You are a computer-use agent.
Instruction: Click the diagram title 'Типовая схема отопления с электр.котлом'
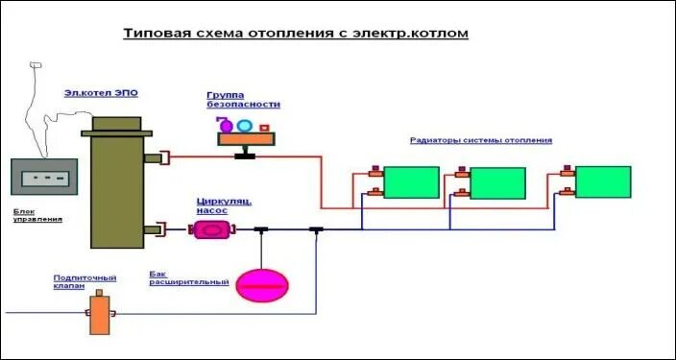pos(296,35)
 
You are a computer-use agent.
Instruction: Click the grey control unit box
pos(44,179)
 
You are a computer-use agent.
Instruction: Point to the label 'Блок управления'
pos(37,215)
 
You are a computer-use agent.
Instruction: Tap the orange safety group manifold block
pos(247,140)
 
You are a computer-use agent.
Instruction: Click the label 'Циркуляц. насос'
pos(224,204)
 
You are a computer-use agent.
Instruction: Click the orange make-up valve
pos(100,315)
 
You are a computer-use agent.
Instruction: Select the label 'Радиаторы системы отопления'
pos(481,140)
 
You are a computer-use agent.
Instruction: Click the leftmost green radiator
pos(411,182)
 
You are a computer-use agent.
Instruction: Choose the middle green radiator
pos(497,182)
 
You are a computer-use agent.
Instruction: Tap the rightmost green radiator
pos(603,181)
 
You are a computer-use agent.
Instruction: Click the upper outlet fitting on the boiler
pos(155,157)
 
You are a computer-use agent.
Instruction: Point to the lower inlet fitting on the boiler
pos(155,228)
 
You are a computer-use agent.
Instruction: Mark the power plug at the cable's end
pos(35,64)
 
